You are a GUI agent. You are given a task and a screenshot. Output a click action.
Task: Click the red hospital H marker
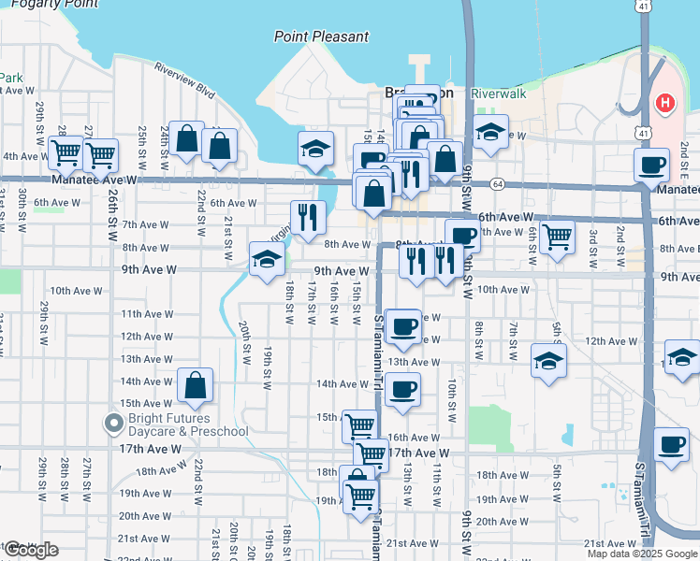pos(665,102)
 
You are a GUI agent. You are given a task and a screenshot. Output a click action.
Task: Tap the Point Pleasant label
pos(321,36)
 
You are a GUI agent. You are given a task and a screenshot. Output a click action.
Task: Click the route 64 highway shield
pos(497,184)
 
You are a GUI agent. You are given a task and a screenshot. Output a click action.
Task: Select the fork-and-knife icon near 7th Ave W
pos(308,217)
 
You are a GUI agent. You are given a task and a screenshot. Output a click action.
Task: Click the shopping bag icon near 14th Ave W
pos(195,384)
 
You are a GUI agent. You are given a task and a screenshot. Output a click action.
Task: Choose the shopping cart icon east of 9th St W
pos(557,237)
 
